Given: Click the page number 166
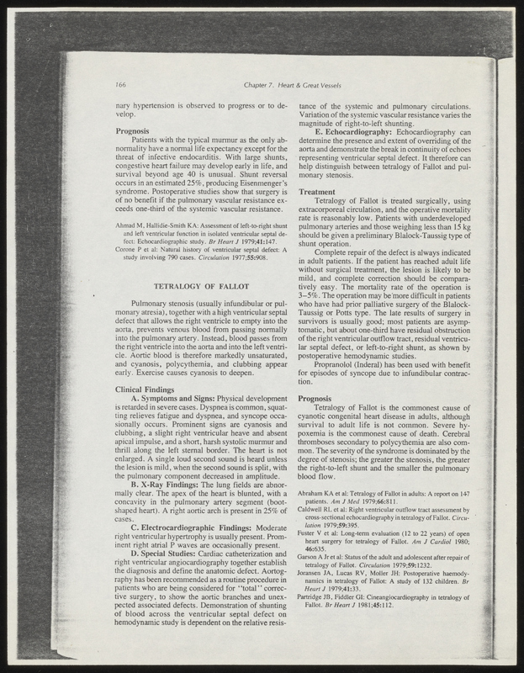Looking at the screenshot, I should pos(120,85).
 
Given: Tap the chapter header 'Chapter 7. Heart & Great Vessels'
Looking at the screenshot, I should pos(290,85).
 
